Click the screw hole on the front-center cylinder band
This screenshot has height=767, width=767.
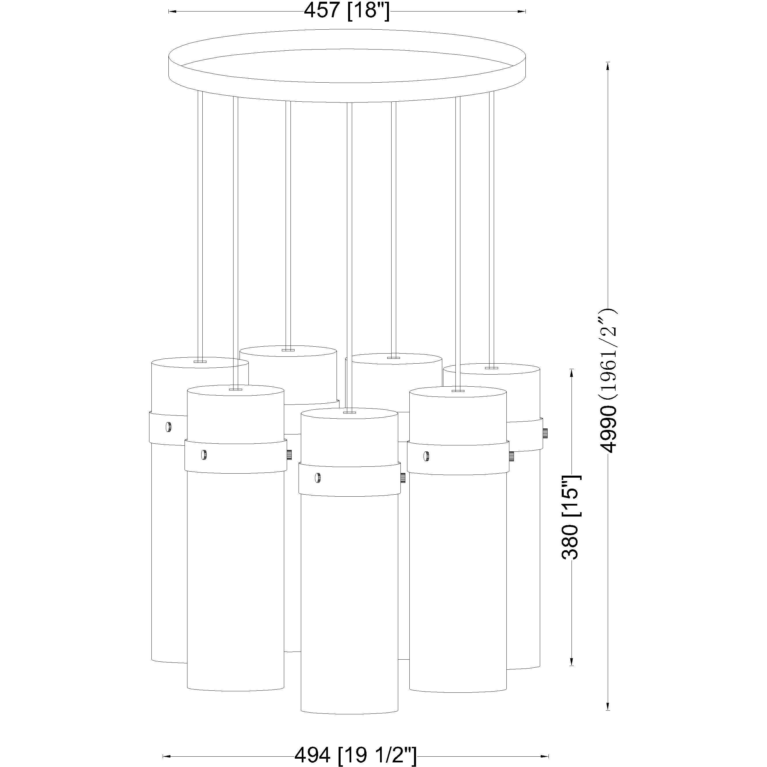coord(318,478)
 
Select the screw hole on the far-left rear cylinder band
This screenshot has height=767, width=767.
coord(169,427)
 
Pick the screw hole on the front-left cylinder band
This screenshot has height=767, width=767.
coord(204,455)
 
